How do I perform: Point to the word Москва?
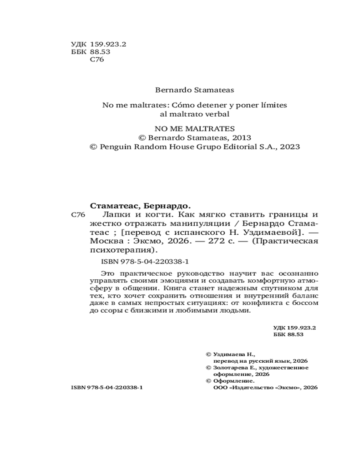pyautogui.click(x=106, y=241)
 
